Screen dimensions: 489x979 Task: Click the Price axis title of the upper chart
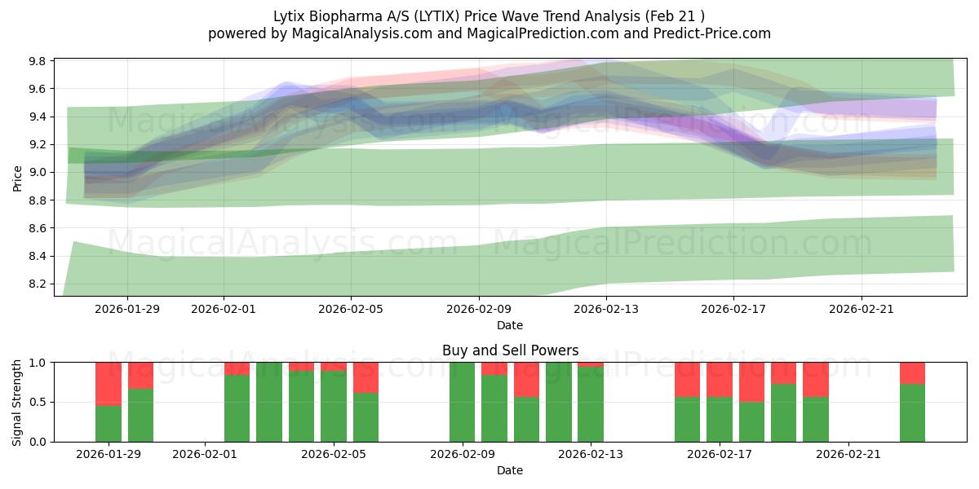(x=18, y=177)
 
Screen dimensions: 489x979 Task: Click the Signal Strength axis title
(x=18, y=402)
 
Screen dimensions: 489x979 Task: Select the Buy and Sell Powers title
(x=510, y=350)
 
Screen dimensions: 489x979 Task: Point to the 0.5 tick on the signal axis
(x=41, y=403)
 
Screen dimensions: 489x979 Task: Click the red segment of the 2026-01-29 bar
(x=109, y=383)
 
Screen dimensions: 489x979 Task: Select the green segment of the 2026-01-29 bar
(x=109, y=424)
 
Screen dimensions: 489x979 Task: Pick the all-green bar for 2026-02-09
(x=462, y=402)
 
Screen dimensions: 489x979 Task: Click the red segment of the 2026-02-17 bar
(x=719, y=379)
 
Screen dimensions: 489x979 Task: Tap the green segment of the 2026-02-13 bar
(x=591, y=404)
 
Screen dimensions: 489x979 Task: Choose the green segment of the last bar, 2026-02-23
(x=912, y=413)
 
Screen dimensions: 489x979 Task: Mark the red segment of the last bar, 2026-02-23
(x=912, y=372)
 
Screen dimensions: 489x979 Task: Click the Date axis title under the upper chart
(x=510, y=325)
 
